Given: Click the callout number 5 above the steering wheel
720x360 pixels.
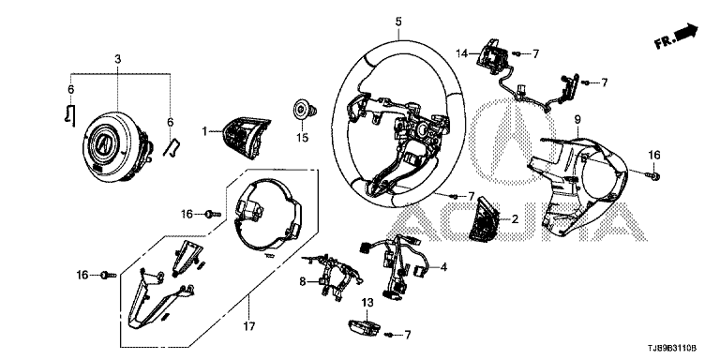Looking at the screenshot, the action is [x=398, y=22].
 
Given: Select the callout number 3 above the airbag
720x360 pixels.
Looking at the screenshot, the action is [x=117, y=59].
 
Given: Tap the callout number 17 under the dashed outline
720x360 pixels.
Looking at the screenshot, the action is [x=248, y=326].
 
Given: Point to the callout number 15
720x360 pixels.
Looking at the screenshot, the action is [x=302, y=137].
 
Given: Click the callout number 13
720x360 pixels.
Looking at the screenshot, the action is [x=367, y=303].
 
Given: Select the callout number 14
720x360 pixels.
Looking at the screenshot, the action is [x=462, y=53].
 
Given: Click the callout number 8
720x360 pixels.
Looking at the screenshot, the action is [x=302, y=281].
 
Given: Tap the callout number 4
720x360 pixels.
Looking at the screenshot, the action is [x=443, y=266].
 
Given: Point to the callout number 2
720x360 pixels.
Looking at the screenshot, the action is [x=515, y=219].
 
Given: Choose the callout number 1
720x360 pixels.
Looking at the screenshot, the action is [x=204, y=132].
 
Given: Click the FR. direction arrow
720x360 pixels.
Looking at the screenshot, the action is [x=677, y=37].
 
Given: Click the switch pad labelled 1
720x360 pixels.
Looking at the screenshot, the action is [x=246, y=137].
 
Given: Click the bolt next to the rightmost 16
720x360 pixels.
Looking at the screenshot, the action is [x=655, y=175].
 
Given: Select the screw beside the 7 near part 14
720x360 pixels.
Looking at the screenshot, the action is [x=516, y=54].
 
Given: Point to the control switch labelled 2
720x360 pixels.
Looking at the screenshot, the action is [x=486, y=219].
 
